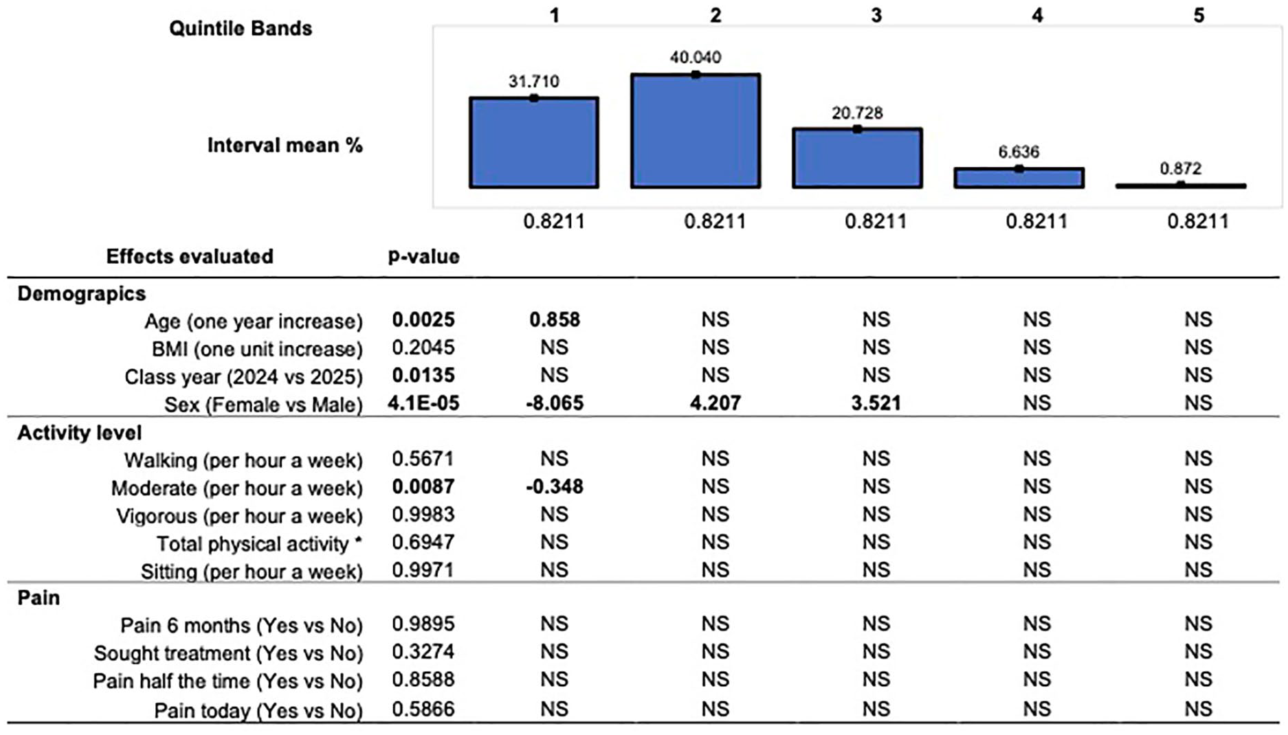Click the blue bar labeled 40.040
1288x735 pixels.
click(696, 131)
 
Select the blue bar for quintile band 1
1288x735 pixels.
click(534, 142)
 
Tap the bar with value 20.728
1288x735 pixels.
click(857, 157)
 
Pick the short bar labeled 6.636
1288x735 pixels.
click(1019, 177)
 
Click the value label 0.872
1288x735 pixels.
click(1180, 168)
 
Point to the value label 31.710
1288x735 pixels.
click(534, 81)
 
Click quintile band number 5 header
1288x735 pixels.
click(1199, 15)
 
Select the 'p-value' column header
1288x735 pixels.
click(423, 257)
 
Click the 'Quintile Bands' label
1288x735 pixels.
click(241, 28)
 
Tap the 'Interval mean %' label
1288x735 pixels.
click(285, 146)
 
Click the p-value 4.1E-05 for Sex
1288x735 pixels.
click(423, 403)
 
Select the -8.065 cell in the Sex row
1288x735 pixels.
click(555, 403)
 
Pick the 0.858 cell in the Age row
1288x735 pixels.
click(555, 319)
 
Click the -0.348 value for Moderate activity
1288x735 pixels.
click(555, 487)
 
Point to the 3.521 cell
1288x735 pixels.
click(876, 403)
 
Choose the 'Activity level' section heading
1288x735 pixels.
click(80, 433)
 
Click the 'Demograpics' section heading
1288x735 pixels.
click(82, 294)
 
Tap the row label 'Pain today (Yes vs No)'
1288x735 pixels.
click(258, 710)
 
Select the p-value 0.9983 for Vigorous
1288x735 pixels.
click(423, 514)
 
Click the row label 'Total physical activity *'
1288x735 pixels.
click(260, 544)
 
